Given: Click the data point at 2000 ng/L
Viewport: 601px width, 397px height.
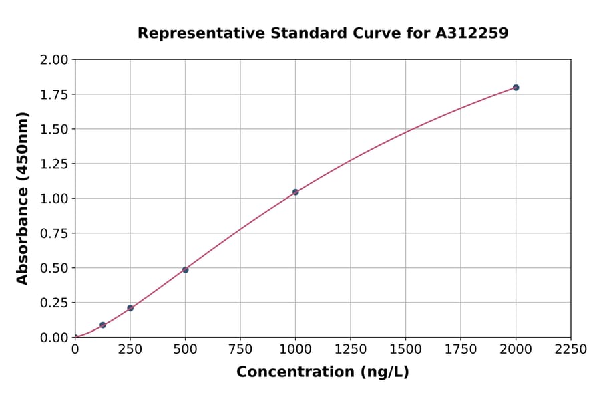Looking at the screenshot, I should pos(516,88).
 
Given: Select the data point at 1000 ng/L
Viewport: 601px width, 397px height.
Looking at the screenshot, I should pos(295,192).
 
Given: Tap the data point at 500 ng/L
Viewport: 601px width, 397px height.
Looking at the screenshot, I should pos(185,270).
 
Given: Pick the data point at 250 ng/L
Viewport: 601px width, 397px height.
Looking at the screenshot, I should pos(130,308).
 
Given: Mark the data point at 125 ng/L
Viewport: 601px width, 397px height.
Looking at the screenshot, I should pos(103,325).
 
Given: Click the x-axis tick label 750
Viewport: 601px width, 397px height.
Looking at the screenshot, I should pos(240,350).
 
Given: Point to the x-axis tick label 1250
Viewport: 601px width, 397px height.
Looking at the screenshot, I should pos(351,350).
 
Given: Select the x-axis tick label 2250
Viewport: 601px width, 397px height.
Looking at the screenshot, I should pos(570,350).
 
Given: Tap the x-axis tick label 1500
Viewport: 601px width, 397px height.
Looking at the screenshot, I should pos(405,350).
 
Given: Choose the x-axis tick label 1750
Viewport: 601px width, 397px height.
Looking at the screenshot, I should pos(460,350).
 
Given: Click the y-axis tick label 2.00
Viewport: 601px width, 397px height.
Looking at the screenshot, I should pos(55,60).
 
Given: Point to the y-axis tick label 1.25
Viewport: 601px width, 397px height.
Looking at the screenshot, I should pos(55,164).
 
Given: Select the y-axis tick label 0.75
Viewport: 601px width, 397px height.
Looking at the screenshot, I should pos(55,234).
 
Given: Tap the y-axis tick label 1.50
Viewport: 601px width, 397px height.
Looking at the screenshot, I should pos(55,130).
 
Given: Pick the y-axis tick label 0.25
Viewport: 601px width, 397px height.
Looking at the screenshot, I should pos(55,303).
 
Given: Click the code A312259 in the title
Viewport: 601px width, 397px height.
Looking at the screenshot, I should pos(473,33).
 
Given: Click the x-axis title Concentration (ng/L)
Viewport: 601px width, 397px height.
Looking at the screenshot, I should pos(323,372).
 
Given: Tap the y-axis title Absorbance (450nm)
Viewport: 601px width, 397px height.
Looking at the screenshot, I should pos(23,198).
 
